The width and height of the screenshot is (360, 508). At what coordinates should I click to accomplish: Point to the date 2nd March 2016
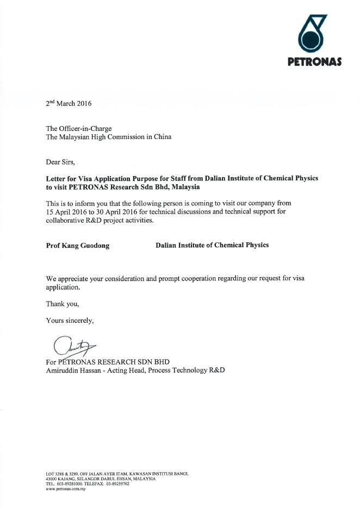tap(69, 103)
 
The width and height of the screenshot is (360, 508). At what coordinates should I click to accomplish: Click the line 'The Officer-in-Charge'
tap(79, 129)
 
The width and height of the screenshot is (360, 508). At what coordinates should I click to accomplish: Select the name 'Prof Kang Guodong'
tap(78, 246)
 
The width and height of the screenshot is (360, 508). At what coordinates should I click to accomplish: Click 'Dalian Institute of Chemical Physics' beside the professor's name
tap(212, 245)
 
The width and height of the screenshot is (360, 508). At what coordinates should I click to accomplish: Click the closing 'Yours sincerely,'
tap(70, 321)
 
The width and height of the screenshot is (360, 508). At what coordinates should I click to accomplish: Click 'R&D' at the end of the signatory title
tap(216, 371)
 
